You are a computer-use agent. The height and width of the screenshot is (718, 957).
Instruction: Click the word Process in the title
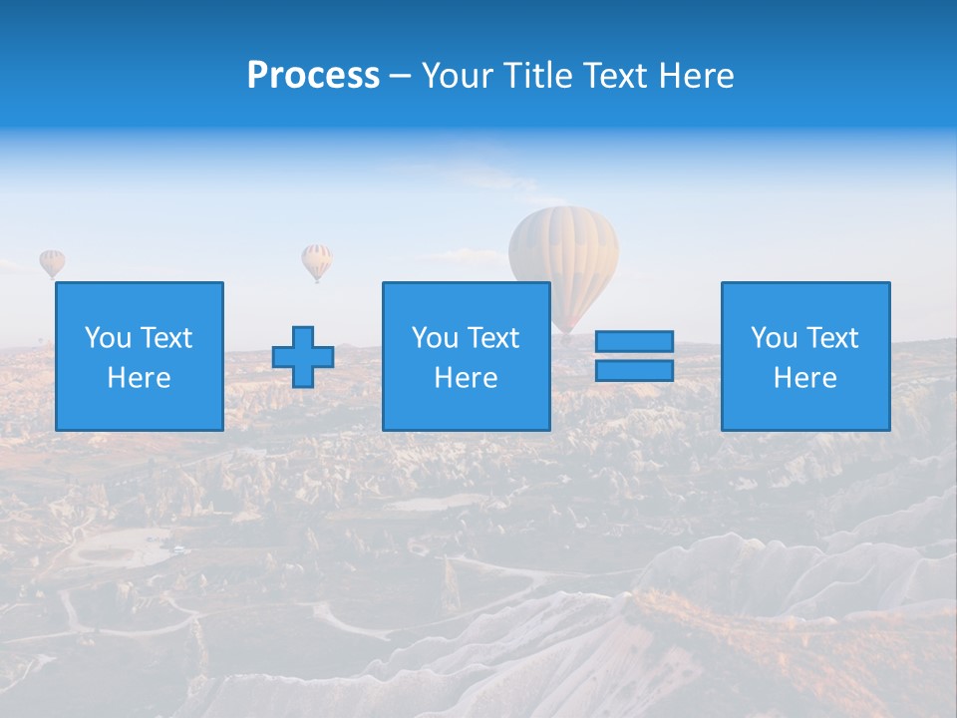pyautogui.click(x=313, y=76)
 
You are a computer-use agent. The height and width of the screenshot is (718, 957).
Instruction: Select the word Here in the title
pyautogui.click(x=698, y=76)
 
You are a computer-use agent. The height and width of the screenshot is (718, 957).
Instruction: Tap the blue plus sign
pyautogui.click(x=303, y=357)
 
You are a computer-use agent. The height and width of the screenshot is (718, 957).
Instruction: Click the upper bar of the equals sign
pyautogui.click(x=634, y=342)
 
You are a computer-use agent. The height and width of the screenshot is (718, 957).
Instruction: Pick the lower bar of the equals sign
pyautogui.click(x=634, y=370)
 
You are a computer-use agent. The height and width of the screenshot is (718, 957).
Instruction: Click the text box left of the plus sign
pyautogui.click(x=140, y=356)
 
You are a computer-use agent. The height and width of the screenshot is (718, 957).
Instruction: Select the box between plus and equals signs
pyautogui.click(x=466, y=356)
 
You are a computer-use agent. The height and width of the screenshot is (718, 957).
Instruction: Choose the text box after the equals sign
pyautogui.click(x=805, y=356)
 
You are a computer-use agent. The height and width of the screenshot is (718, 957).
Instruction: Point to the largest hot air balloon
pyautogui.click(x=563, y=254)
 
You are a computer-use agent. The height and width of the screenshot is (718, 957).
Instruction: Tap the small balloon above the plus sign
pyautogui.click(x=317, y=260)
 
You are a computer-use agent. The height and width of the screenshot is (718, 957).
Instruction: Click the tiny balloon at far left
pyautogui.click(x=52, y=262)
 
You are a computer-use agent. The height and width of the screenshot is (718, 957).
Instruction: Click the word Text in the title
pyautogui.click(x=617, y=76)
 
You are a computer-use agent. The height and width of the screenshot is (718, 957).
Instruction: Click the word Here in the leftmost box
pyautogui.click(x=140, y=378)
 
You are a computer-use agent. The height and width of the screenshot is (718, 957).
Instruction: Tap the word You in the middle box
pyautogui.click(x=435, y=338)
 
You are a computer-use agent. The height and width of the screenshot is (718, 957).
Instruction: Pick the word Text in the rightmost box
pyautogui.click(x=832, y=338)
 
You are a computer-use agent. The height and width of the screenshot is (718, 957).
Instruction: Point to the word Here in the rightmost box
pyautogui.click(x=805, y=378)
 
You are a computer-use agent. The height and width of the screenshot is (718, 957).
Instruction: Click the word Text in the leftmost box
pyautogui.click(x=166, y=338)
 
